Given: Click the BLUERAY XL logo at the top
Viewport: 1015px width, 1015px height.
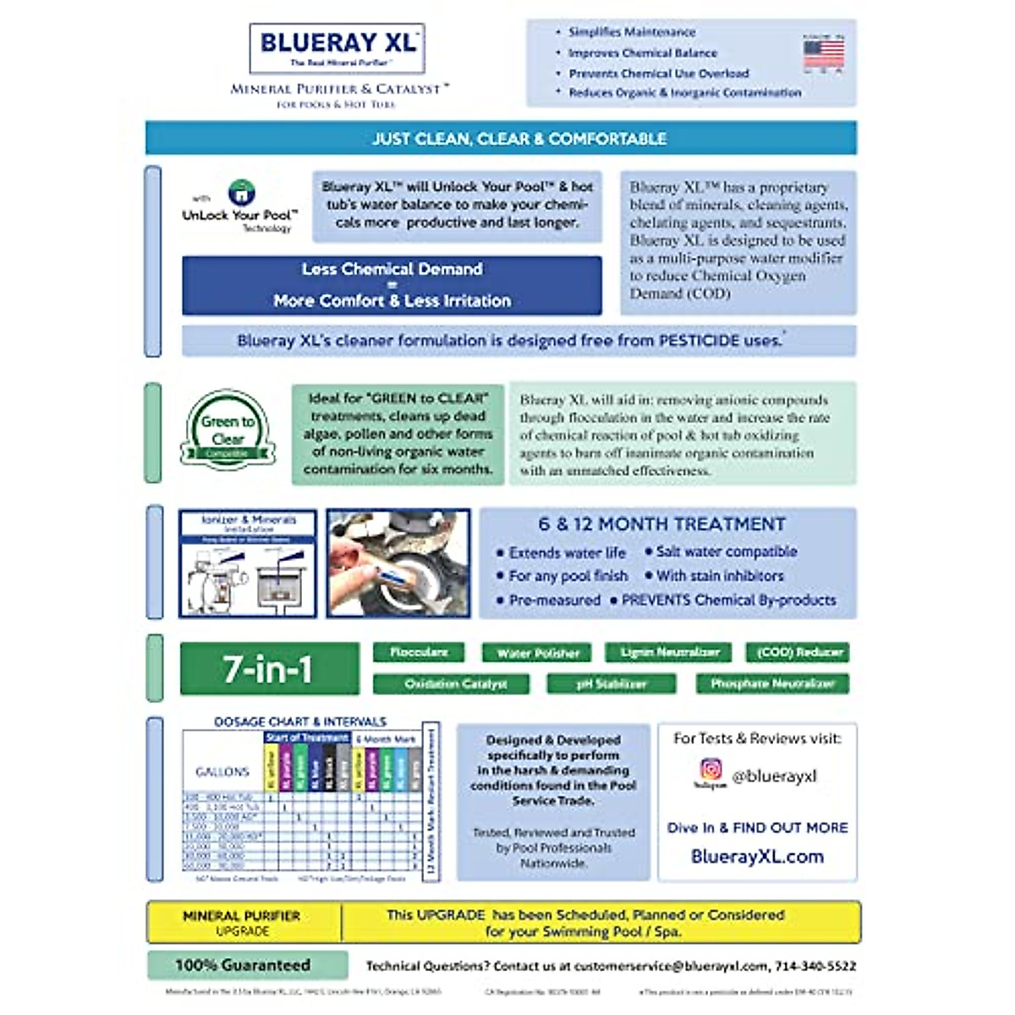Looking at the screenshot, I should click(337, 47).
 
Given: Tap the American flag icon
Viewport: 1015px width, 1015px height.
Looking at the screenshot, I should click(823, 53).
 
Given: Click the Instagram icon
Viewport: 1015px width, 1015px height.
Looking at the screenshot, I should click(710, 770).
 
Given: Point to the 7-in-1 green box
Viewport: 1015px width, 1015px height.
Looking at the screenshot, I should click(269, 669).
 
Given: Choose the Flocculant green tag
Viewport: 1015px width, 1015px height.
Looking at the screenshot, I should click(419, 652).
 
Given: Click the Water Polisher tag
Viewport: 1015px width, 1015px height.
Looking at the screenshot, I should click(538, 652).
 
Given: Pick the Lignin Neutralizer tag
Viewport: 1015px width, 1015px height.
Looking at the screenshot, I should click(669, 652).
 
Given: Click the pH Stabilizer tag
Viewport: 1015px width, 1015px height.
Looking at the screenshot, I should click(611, 683).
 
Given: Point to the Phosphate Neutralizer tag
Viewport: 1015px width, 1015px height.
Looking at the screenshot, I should click(772, 683).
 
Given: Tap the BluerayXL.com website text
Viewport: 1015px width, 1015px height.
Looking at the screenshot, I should click(757, 856).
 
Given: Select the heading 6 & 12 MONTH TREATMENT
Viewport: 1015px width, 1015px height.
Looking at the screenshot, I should click(661, 524).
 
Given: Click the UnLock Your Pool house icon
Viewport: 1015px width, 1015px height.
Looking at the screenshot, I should click(242, 193).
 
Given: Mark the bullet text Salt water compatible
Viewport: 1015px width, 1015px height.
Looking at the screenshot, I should click(726, 551).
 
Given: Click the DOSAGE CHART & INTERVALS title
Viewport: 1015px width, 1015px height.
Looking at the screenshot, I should click(299, 721).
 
